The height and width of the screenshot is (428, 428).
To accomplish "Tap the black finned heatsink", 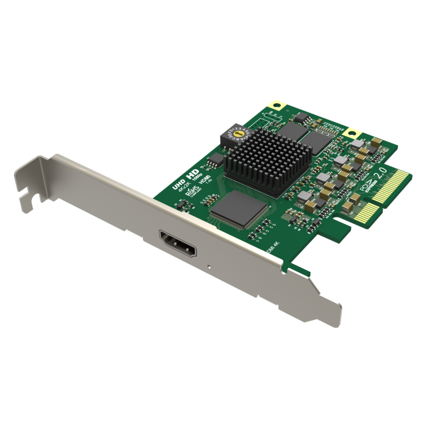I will pyautogui.click(x=267, y=161).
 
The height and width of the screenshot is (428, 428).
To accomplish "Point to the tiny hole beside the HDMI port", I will pyautogui.click(x=211, y=266).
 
